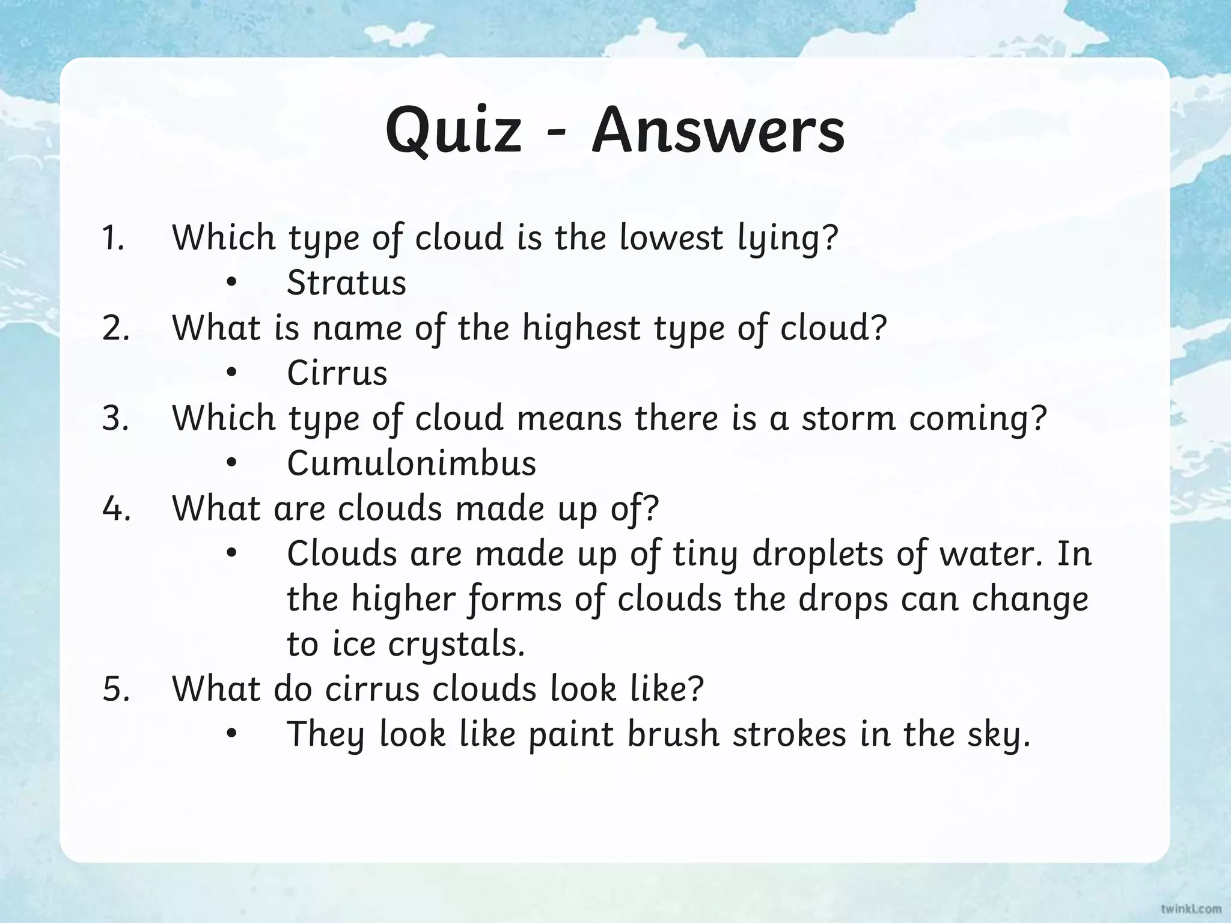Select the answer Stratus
pos(346,282)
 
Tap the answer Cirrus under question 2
pos(337,373)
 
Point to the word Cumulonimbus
pos(412,463)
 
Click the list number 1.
pos(112,238)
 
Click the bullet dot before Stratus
pos(232,284)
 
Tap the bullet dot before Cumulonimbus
pos(232,464)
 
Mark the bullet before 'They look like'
pos(232,735)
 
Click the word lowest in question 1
pos(671,238)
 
